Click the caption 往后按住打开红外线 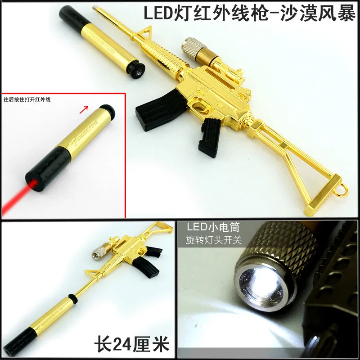27,99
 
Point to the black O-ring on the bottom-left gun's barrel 71,298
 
